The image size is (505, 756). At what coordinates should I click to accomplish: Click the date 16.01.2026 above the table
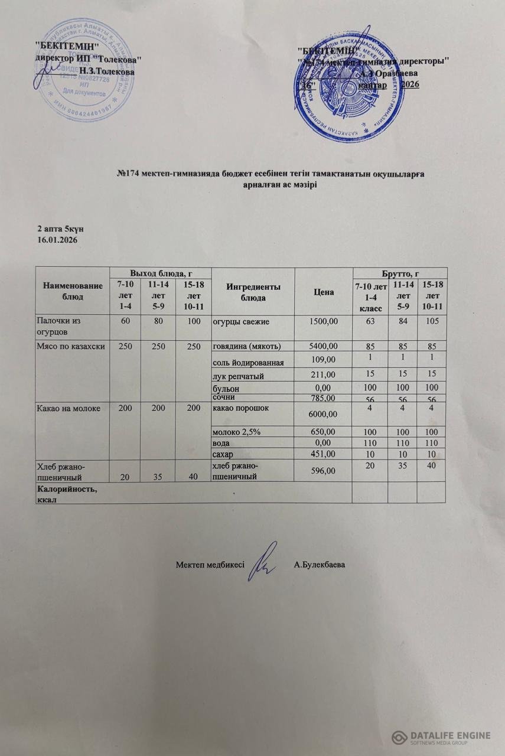point(58,240)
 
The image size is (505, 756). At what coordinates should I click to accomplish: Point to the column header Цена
point(323,292)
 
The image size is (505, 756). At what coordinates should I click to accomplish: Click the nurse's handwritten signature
point(263,559)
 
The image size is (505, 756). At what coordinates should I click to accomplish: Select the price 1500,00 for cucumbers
point(319,321)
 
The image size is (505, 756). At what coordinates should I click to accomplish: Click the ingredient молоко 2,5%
point(237,432)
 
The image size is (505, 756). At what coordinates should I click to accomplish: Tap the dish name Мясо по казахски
point(71,346)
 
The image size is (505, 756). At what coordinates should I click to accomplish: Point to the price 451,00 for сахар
point(322,454)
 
